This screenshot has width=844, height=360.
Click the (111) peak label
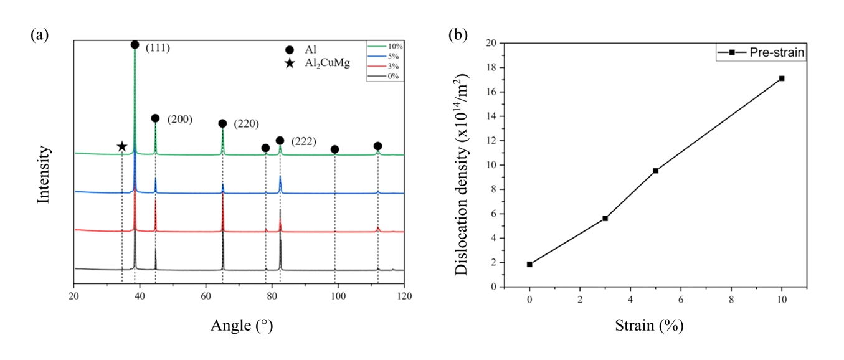(158, 48)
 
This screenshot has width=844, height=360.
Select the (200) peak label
(179, 120)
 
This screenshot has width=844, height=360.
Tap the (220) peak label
(246, 124)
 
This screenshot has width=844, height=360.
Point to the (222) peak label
(304, 142)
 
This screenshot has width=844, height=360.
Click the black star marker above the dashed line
(122, 147)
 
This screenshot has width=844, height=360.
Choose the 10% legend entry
(386, 46)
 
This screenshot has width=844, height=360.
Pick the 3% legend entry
(386, 66)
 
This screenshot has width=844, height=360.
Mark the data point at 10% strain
(782, 78)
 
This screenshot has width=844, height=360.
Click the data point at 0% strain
(529, 264)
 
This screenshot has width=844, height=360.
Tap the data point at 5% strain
(656, 171)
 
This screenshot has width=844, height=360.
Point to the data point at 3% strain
(605, 218)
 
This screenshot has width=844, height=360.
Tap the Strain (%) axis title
(655, 324)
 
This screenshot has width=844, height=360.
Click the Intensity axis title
(44, 174)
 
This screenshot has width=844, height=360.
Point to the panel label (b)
(458, 36)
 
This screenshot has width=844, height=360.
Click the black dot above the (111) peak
(135, 45)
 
